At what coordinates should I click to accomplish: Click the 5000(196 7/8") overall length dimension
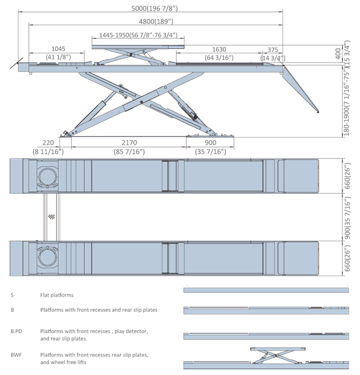point(155,8)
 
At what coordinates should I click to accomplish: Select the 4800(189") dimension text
point(156,21)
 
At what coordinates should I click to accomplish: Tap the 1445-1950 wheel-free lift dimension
point(138,35)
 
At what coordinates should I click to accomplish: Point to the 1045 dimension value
point(58,49)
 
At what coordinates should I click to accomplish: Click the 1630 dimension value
point(219,49)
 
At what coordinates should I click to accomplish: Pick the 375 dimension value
point(273,50)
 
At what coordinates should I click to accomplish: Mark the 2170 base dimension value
point(129,143)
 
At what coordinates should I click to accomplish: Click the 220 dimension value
point(48,143)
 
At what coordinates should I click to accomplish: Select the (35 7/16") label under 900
point(210,152)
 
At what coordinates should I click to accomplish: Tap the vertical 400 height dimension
point(338,54)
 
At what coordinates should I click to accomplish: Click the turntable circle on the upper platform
point(48,176)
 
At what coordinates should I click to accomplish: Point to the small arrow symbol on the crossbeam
point(51,217)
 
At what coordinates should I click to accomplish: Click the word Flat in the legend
point(44,295)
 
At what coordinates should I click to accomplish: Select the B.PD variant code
point(16,332)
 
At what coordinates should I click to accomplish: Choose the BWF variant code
point(16,355)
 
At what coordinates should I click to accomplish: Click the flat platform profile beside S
point(266,290)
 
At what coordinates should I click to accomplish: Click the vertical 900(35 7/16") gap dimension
point(347,218)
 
